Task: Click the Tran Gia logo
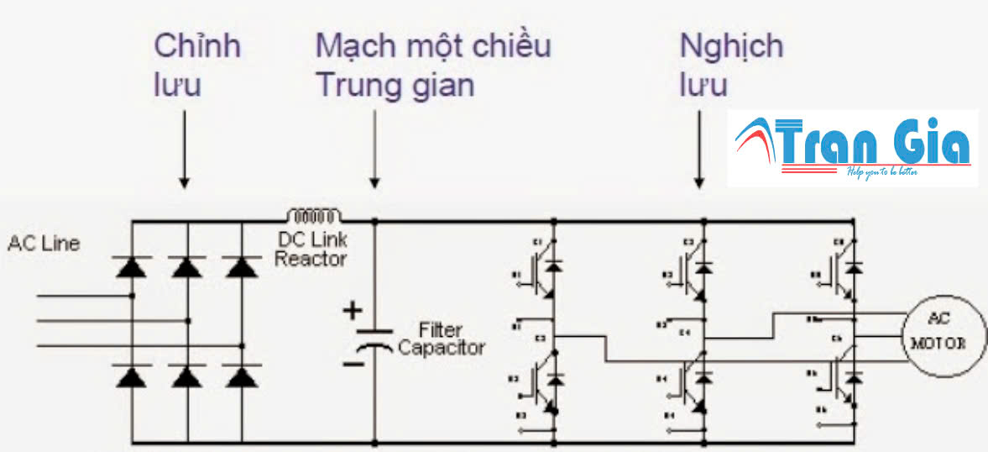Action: pos(853,147)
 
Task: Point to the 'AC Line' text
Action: pos(44,244)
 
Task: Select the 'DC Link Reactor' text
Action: pos(311,250)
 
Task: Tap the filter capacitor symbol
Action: pos(374,336)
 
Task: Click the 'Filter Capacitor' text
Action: pos(442,339)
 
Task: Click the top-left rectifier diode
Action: pos(131,268)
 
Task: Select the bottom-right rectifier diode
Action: pos(243,376)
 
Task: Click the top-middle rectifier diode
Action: pos(186,268)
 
